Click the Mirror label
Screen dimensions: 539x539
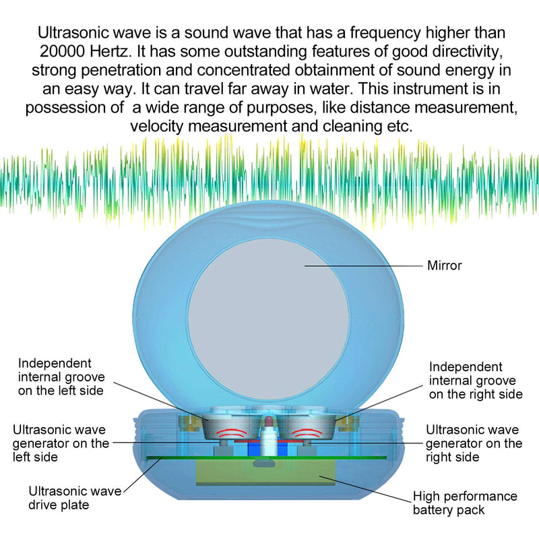pos(444,265)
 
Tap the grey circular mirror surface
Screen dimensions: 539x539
pos(268,319)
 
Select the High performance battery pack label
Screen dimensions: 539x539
pos(465,503)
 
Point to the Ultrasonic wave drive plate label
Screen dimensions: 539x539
pos(75,498)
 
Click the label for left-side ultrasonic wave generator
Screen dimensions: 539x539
pos(61,443)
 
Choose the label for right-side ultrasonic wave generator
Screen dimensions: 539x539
pos(474,443)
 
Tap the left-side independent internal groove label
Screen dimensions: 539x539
pos(61,377)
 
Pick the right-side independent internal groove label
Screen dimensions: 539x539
pos(476,381)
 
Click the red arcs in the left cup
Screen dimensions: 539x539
pos(231,433)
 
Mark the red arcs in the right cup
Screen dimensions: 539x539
pos(307,433)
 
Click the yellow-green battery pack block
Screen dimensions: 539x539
pos(265,473)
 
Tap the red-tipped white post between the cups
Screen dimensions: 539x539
pos(268,437)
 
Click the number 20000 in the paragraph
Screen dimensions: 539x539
pos(62,52)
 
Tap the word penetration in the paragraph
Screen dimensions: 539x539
pos(121,71)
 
